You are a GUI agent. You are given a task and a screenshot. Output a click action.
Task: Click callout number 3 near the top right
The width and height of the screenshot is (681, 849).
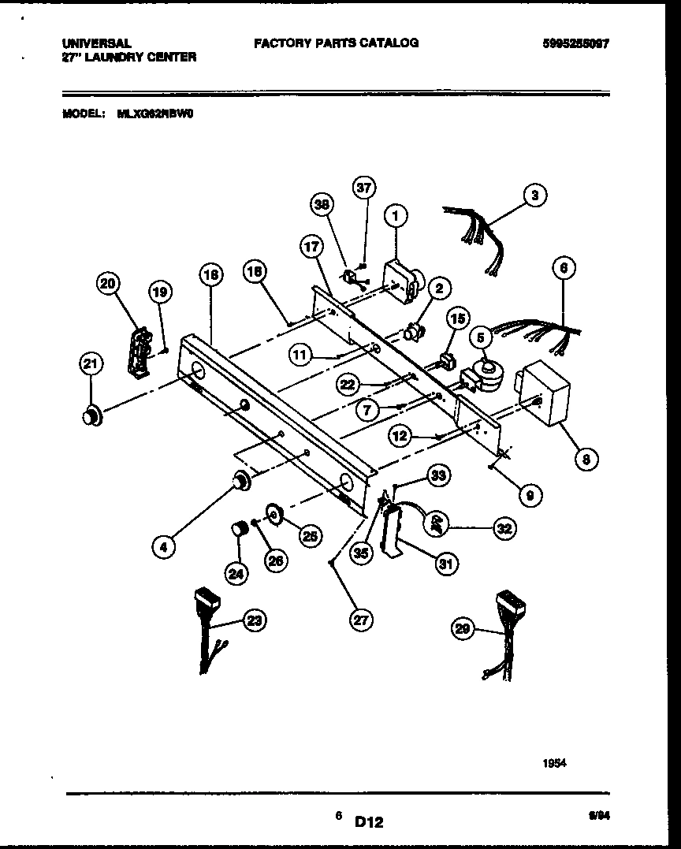(x=535, y=195)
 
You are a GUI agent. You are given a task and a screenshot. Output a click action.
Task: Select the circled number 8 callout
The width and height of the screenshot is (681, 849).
(x=586, y=460)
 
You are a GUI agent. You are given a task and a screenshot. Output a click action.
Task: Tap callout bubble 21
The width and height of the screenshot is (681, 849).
(x=91, y=364)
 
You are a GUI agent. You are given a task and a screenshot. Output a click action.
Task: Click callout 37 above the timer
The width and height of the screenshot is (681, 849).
(x=363, y=188)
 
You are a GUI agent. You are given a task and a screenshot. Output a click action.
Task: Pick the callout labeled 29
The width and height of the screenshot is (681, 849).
(x=463, y=628)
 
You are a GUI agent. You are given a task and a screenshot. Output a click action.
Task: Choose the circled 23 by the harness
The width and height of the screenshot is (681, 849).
(x=254, y=621)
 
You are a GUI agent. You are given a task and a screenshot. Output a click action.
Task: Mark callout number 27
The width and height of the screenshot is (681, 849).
(x=360, y=620)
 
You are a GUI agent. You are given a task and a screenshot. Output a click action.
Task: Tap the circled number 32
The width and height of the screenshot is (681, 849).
(x=504, y=529)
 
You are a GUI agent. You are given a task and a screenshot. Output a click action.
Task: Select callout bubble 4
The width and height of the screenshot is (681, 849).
(x=163, y=546)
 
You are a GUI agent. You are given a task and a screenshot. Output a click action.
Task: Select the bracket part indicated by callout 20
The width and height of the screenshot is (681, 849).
(x=139, y=349)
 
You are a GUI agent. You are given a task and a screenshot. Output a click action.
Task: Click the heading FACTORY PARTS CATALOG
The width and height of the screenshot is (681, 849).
(x=336, y=43)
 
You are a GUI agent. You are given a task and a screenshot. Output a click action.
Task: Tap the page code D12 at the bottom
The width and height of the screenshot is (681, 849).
(x=368, y=822)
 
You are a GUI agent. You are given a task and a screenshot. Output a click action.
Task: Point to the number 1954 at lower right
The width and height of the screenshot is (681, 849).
(x=555, y=763)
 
